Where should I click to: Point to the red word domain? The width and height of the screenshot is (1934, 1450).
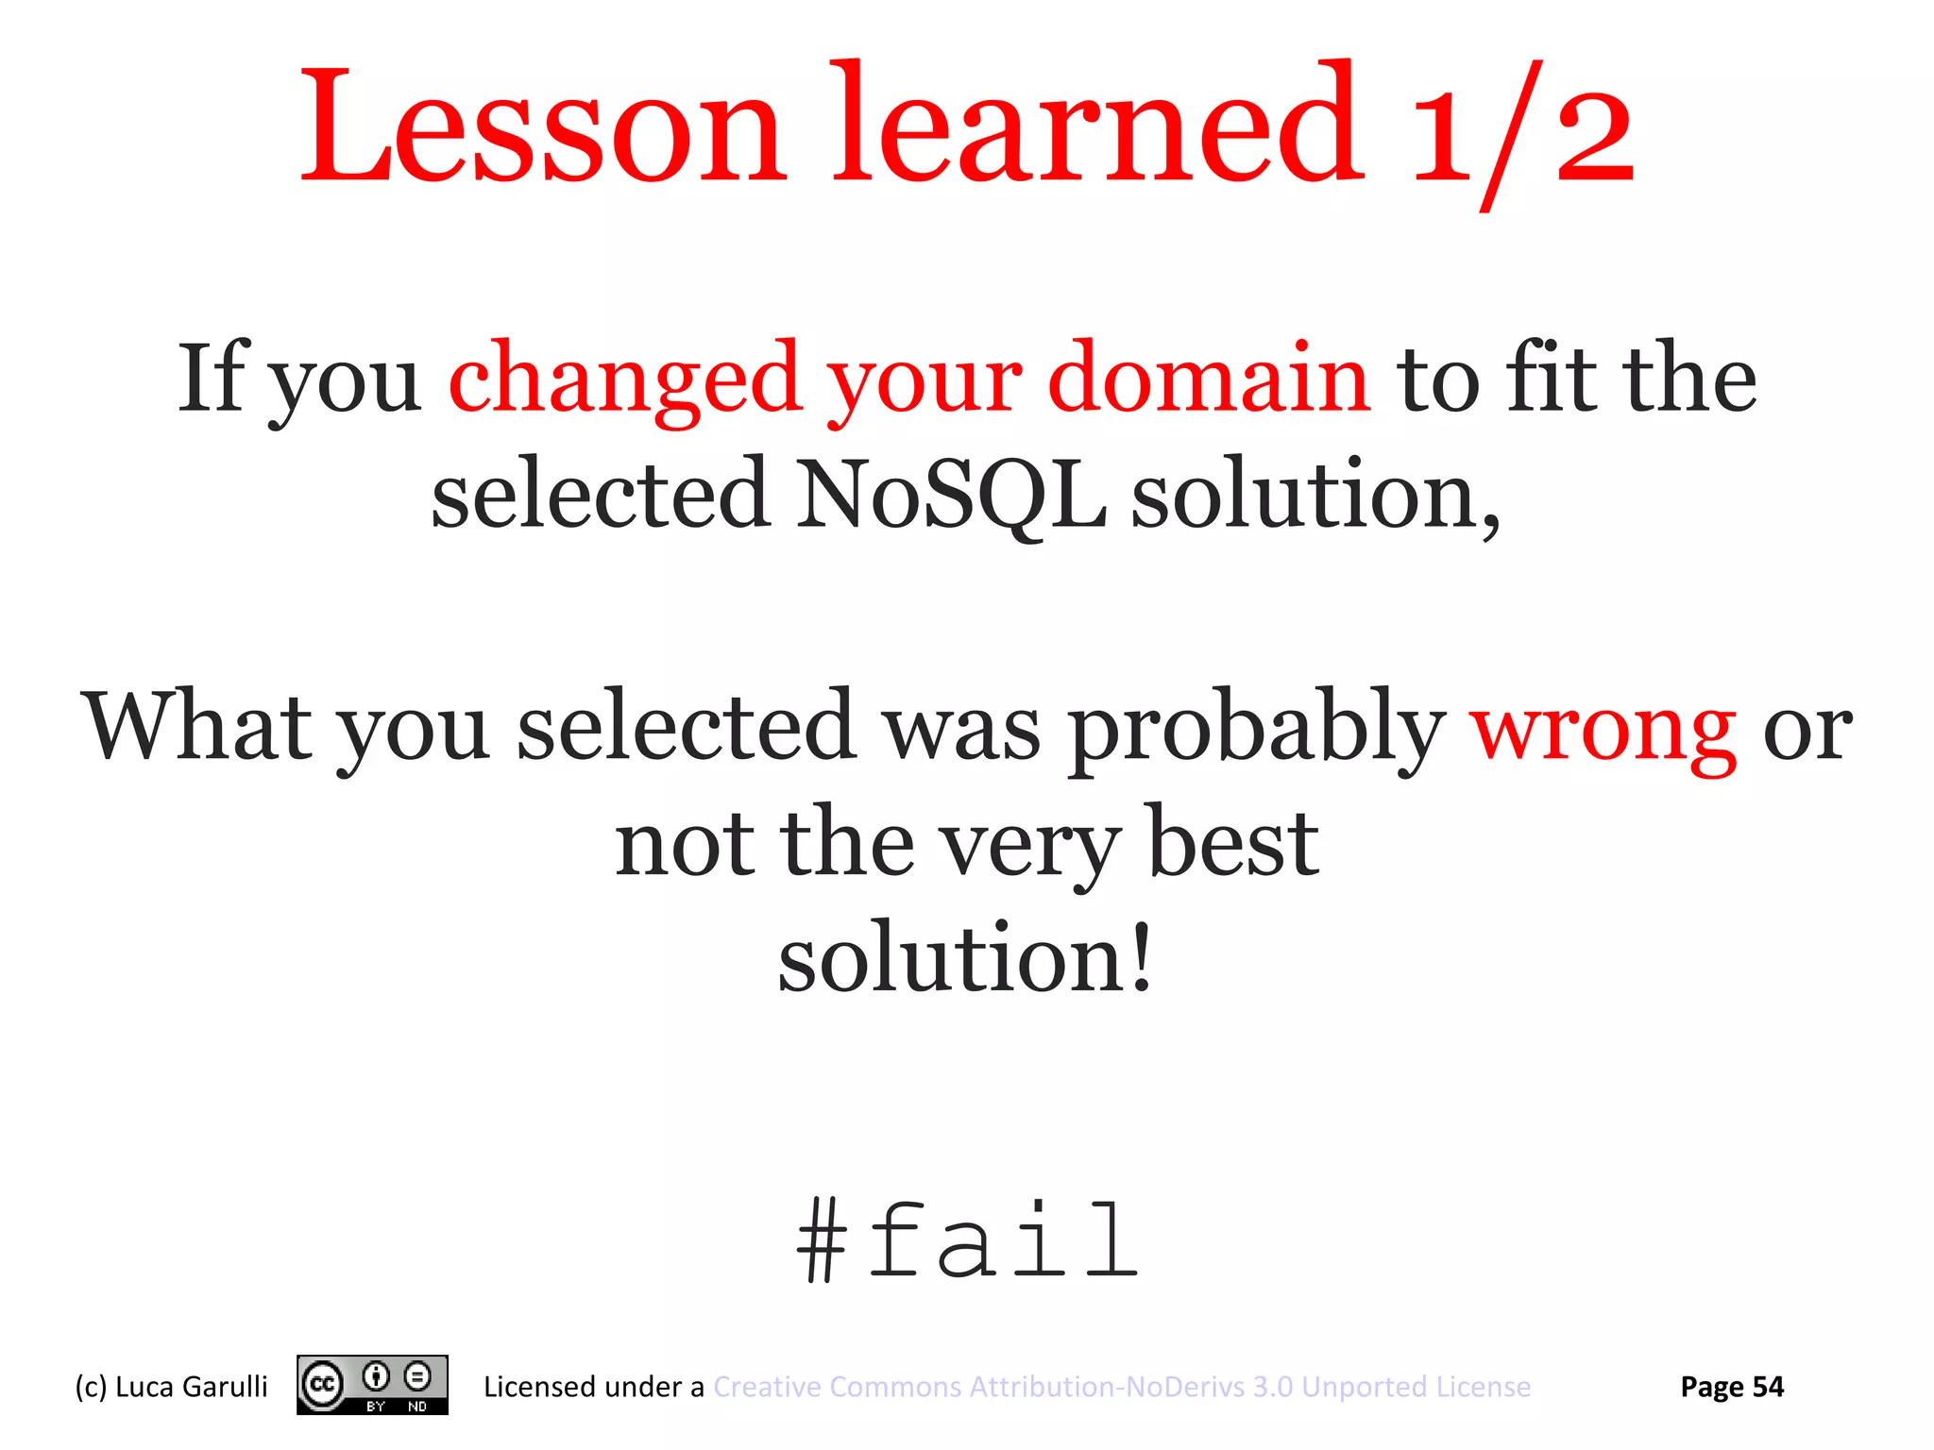[1209, 378]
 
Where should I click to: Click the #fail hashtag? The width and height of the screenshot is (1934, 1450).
[967, 1241]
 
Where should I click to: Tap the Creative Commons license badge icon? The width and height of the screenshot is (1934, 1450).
[372, 1385]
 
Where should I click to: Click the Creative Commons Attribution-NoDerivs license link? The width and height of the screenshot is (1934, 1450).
[1122, 1387]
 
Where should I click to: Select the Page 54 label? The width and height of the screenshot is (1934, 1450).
[1732, 1387]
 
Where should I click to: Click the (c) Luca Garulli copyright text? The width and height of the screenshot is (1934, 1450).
[171, 1387]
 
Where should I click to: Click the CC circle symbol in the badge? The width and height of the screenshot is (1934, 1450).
[322, 1385]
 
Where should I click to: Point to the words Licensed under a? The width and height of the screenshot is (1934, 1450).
[593, 1387]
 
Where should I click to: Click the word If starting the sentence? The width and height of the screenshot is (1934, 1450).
[212, 378]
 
